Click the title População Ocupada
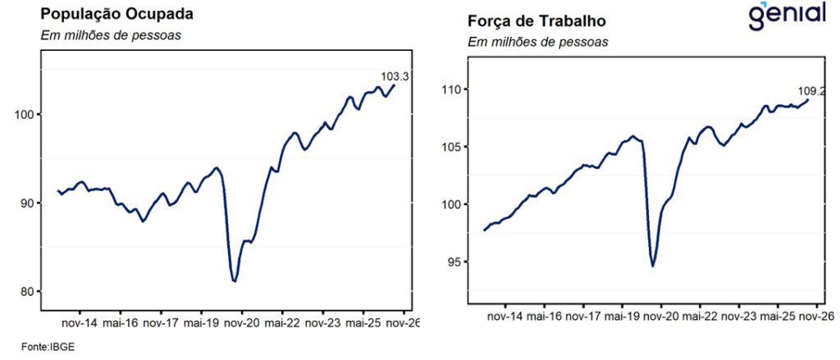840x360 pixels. [116, 14]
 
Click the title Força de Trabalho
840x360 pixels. [536, 21]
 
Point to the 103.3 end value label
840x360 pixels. [395, 76]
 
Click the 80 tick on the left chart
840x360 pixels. [29, 291]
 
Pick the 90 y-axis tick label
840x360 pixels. [29, 203]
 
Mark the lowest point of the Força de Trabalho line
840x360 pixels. [653, 266]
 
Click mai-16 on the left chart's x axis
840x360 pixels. [121, 324]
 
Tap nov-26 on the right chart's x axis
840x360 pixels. [816, 317]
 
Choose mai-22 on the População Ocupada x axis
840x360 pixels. [282, 324]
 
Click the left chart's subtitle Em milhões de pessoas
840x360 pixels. [111, 36]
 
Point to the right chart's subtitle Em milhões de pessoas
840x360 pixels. [538, 42]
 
